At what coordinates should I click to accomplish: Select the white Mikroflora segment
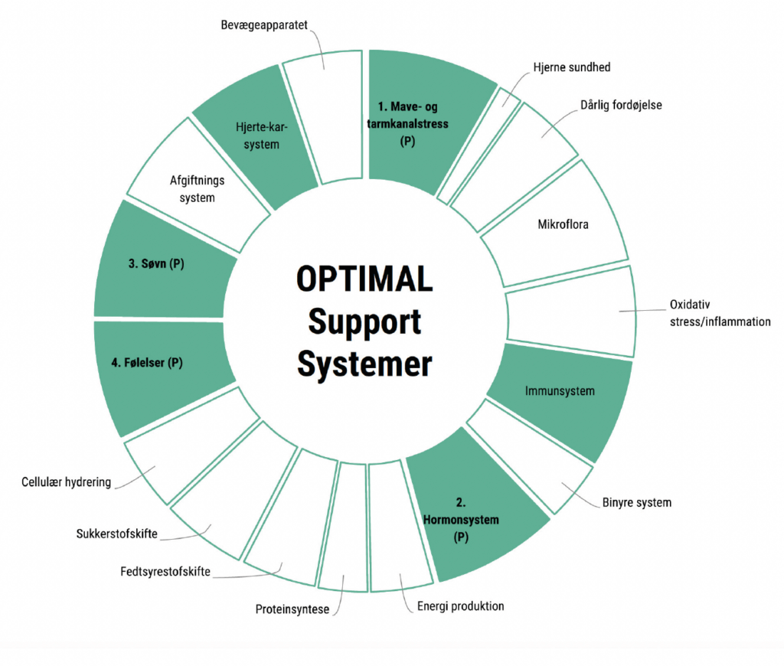[563, 225]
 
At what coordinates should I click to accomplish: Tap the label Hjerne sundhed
[571, 67]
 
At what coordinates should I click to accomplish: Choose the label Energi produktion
[461, 606]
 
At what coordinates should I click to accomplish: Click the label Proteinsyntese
[292, 610]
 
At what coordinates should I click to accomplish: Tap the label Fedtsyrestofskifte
[165, 571]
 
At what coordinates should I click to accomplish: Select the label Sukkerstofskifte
[117, 534]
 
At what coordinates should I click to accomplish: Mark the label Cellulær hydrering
[67, 482]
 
